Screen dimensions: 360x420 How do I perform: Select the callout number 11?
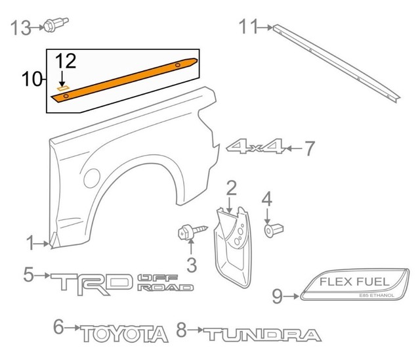[x=248, y=27]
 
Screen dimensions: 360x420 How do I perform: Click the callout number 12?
[x=66, y=62]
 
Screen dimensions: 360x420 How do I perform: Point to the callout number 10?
[x=31, y=80]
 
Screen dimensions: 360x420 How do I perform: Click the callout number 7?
[x=309, y=149]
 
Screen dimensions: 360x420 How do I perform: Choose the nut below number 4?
[x=270, y=230]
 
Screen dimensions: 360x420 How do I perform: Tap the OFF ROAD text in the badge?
[x=165, y=283]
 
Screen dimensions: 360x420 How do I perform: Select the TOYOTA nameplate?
[x=125, y=334]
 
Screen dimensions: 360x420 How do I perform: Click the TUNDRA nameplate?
[x=261, y=334]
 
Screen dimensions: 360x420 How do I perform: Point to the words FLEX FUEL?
[x=354, y=282]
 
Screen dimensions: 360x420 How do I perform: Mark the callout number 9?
[x=276, y=297]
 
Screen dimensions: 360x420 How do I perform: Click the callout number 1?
[x=30, y=245]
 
